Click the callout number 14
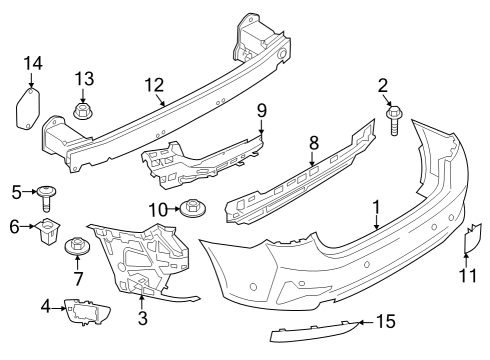(31, 66)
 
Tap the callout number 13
(83, 78)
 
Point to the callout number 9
(261, 109)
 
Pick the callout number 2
(382, 86)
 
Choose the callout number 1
(377, 209)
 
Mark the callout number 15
(386, 321)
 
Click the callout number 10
(155, 209)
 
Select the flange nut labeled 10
(191, 210)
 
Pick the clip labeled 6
(46, 234)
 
